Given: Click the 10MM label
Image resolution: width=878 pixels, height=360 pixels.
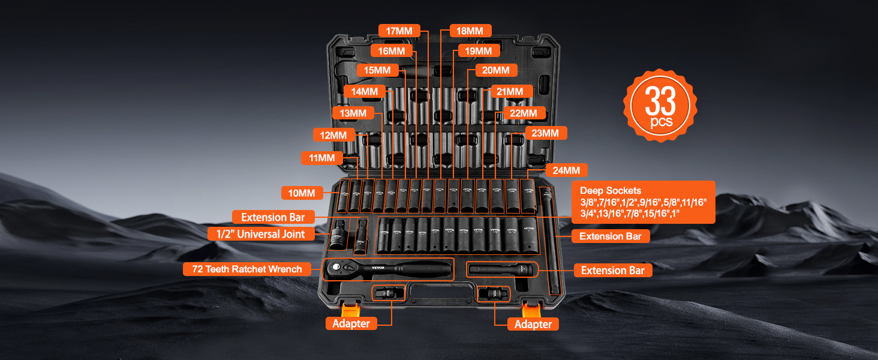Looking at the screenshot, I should [302, 193].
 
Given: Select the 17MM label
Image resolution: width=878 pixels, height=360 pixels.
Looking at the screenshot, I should [399, 31].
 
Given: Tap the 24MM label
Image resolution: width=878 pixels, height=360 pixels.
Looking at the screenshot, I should [566, 170].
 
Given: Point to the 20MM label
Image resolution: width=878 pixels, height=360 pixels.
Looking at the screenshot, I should [496, 70].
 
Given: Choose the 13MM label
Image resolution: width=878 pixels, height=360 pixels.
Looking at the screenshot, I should [353, 113].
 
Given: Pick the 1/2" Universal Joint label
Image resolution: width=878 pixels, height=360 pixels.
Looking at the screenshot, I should [261, 234].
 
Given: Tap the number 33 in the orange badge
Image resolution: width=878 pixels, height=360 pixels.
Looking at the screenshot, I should [661, 101].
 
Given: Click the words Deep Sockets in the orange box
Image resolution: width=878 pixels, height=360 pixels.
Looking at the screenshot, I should [611, 191].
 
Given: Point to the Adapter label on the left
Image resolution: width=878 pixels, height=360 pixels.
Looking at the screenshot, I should [351, 323].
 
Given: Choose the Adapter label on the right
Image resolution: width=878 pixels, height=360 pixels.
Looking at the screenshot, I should [533, 324].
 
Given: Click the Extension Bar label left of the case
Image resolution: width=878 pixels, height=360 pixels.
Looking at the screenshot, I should [273, 217].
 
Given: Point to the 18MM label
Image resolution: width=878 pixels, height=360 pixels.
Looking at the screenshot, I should [470, 31].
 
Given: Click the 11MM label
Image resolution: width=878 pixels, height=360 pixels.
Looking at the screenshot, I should [321, 158].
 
